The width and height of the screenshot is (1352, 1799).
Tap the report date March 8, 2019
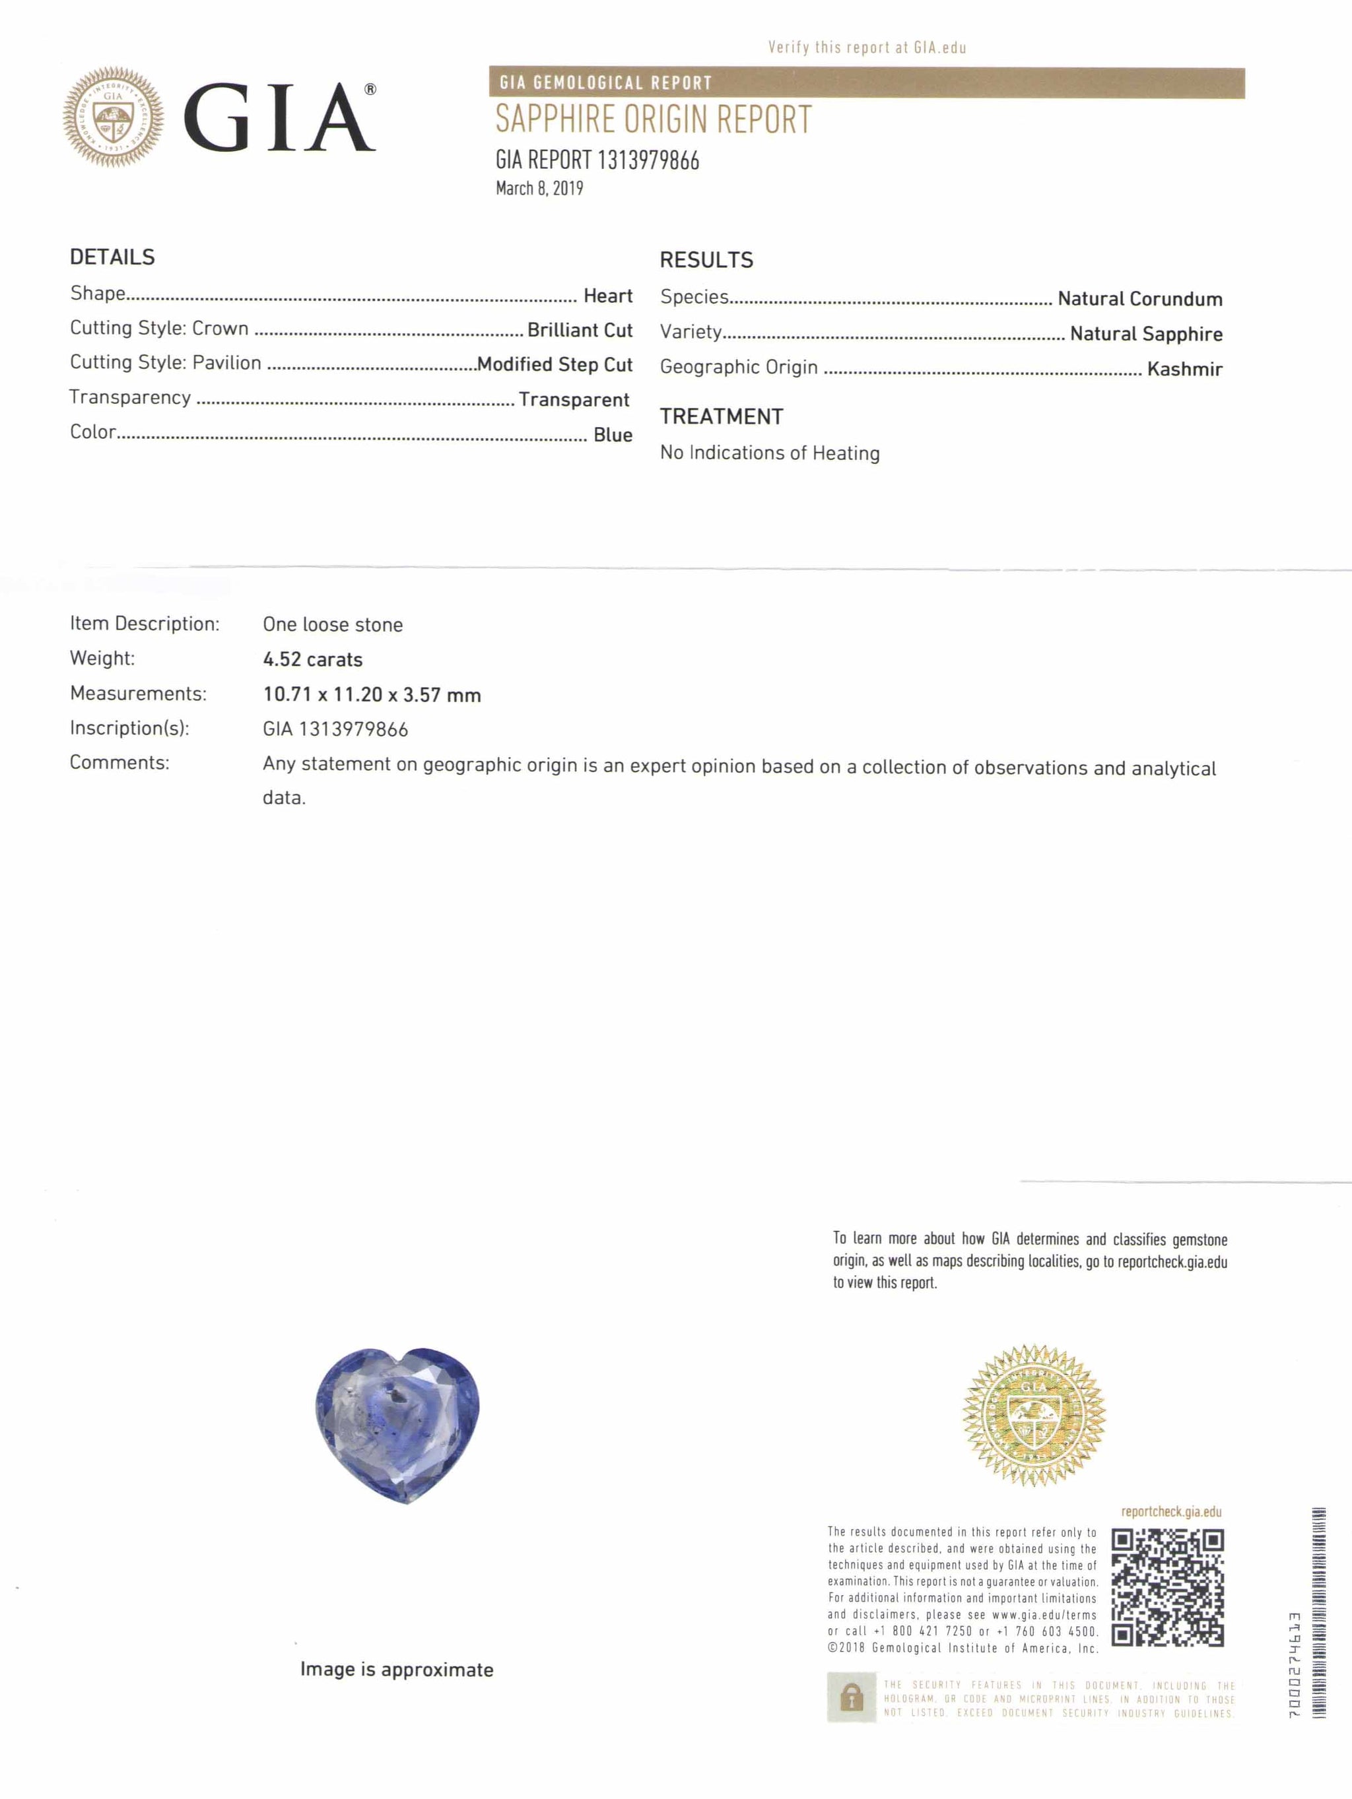(x=539, y=189)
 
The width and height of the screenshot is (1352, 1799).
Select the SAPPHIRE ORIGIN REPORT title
(x=653, y=119)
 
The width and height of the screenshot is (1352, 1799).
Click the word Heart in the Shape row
(x=607, y=296)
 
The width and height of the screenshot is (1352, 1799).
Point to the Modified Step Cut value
(x=555, y=364)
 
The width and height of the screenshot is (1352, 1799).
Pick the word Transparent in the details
(x=574, y=399)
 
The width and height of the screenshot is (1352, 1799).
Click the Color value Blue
(x=613, y=435)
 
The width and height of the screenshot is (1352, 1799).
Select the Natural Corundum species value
(x=1139, y=300)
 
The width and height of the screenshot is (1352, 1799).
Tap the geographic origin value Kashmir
(x=1184, y=369)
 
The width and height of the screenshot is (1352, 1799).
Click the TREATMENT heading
(x=722, y=416)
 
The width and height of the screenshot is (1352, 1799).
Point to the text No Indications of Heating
(x=770, y=453)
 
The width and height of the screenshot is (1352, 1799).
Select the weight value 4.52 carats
(x=312, y=659)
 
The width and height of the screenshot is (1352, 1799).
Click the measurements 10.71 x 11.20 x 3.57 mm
(x=372, y=694)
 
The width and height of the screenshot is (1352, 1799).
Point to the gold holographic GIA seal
(x=1033, y=1415)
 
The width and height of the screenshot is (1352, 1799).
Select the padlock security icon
(x=851, y=1697)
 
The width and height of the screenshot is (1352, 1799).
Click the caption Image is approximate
(x=397, y=1670)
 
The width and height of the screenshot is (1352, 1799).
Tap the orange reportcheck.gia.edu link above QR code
(x=1170, y=1512)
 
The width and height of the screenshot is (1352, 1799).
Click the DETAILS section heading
(x=112, y=257)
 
